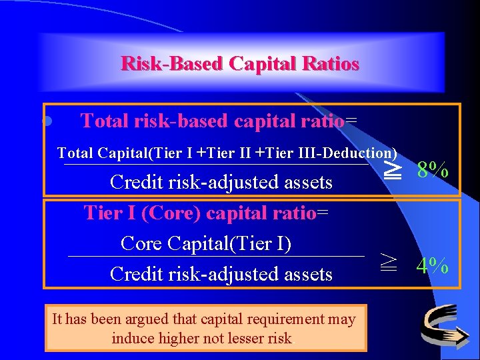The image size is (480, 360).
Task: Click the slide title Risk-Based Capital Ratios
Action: (x=240, y=64)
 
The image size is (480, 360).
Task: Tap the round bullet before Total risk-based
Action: (x=47, y=121)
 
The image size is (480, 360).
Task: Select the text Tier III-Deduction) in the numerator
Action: (x=344, y=153)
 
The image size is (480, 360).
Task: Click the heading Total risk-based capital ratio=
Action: (x=219, y=121)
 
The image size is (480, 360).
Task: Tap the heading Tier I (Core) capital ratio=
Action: (x=206, y=213)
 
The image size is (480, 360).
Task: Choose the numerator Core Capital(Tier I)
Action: (x=206, y=243)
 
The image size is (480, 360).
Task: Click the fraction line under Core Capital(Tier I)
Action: (x=217, y=257)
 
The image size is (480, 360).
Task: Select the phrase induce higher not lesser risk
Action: (x=202, y=338)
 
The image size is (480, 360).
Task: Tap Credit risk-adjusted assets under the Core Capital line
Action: (x=221, y=274)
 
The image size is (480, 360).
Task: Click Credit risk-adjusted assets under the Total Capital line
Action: (x=221, y=182)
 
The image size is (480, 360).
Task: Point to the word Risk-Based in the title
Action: (x=171, y=64)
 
